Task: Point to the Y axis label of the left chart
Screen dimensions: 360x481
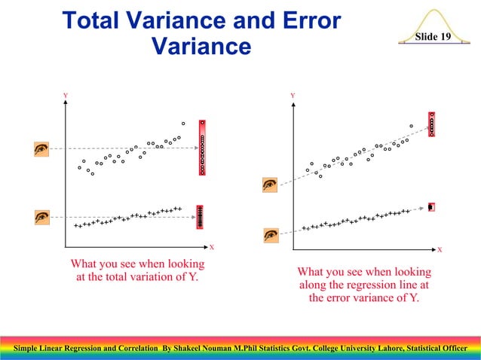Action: (66, 96)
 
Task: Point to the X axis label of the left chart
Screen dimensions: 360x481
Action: (212, 247)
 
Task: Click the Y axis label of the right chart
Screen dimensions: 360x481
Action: (292, 96)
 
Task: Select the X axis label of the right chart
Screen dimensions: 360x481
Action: (440, 249)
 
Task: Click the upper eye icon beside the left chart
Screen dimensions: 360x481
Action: (42, 149)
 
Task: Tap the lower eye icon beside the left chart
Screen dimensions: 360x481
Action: (42, 217)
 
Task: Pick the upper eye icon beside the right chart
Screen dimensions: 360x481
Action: (270, 184)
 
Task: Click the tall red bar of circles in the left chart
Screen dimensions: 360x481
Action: (202, 148)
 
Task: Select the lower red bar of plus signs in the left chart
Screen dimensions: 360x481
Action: (200, 217)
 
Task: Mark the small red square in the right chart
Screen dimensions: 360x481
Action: (431, 206)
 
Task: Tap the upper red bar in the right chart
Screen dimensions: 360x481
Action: (432, 124)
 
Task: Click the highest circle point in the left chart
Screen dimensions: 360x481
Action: (182, 123)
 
